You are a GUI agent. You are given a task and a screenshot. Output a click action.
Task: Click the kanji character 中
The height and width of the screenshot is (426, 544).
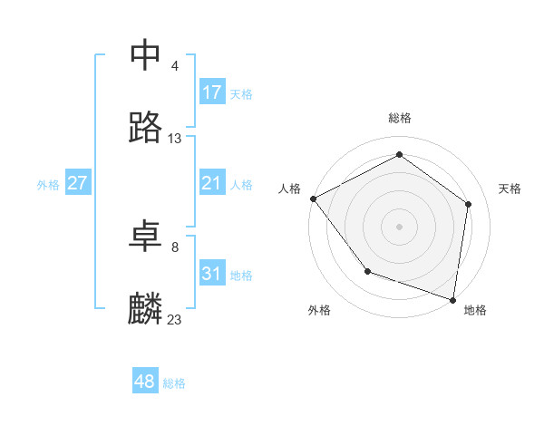point(146,55)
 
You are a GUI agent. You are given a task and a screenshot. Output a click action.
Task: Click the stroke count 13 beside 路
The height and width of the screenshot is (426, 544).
point(175,139)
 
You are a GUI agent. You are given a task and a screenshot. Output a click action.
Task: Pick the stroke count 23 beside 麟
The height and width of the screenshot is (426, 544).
point(175,320)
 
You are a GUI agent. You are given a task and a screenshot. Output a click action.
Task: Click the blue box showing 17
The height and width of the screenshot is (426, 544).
point(212,92)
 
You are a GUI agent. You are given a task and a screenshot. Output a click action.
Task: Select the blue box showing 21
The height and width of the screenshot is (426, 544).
point(212,183)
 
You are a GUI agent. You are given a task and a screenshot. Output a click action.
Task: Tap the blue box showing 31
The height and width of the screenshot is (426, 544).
point(212,274)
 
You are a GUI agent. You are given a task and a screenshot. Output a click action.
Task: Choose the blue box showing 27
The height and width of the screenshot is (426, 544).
point(78,183)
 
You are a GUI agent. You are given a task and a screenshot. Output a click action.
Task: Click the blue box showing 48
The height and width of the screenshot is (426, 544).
point(145,382)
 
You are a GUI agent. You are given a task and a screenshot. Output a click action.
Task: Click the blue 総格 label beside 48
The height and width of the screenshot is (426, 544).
point(174,383)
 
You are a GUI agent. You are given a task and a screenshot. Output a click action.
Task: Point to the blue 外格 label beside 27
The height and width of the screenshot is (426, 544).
point(48,185)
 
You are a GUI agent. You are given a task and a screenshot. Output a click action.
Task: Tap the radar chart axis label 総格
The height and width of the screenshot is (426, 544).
point(400,119)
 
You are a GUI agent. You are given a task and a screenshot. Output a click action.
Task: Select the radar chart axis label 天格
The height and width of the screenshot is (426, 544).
point(510,189)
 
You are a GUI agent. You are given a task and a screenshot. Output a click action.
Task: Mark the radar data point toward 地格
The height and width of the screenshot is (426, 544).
point(452,299)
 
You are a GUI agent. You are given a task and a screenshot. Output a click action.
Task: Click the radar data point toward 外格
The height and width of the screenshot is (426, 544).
point(367,271)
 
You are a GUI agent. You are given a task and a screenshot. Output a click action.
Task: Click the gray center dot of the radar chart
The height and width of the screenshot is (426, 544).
point(399,226)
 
